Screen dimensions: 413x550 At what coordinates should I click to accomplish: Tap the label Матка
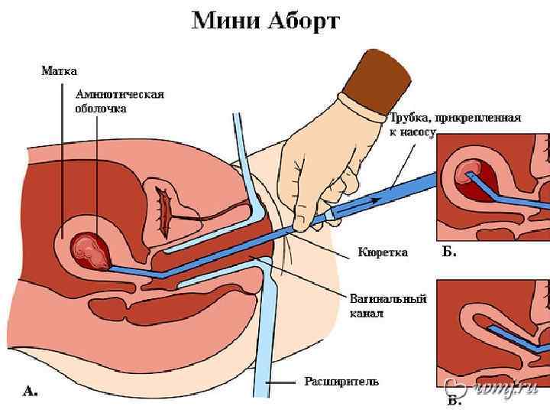(x=58, y=71)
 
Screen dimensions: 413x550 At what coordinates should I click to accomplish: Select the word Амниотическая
(x=120, y=95)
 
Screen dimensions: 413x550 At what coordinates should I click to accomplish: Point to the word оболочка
(x=101, y=109)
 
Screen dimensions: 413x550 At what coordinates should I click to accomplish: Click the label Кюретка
(x=383, y=252)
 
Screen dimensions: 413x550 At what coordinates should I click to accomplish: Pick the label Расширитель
(x=341, y=380)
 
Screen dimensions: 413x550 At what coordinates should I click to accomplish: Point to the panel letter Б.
(x=450, y=252)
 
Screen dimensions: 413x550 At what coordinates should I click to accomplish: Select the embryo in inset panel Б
(x=467, y=175)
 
